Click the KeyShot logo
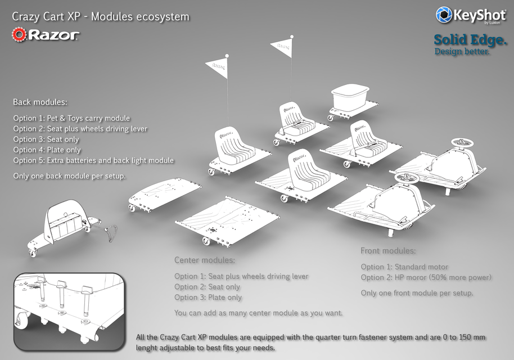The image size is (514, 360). (x=470, y=15)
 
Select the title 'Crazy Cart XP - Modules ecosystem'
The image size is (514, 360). (x=101, y=16)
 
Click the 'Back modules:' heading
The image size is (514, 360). (x=40, y=102)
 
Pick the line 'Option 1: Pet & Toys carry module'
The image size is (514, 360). (x=71, y=118)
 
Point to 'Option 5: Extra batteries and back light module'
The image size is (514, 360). (x=93, y=160)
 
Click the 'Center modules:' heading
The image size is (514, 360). (x=204, y=260)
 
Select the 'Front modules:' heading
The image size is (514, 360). (x=388, y=251)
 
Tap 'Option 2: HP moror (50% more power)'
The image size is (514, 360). (x=426, y=277)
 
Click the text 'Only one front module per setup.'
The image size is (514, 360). (x=417, y=293)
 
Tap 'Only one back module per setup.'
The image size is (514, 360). (x=69, y=176)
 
